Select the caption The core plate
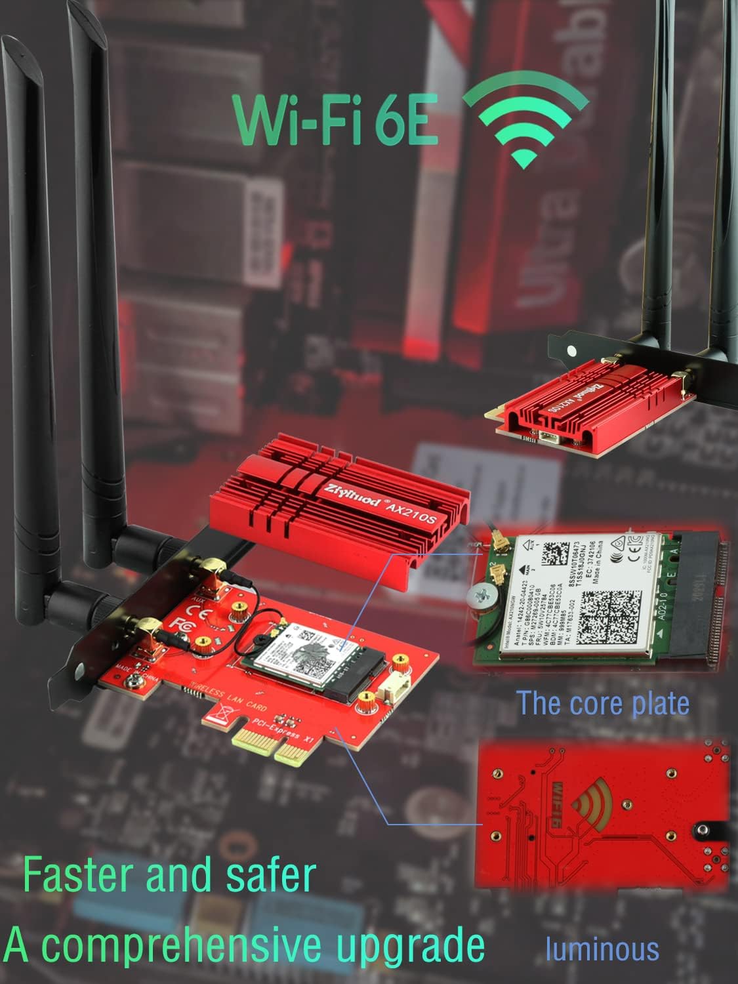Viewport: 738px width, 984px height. coord(603,703)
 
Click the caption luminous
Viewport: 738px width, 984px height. coord(602,949)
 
